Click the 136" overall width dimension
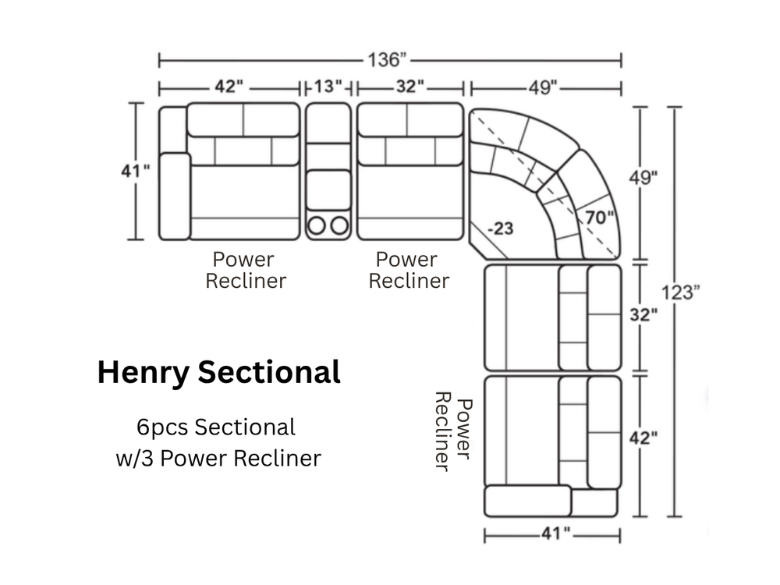tap(387, 60)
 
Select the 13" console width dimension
tap(328, 87)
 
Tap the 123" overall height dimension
tap(680, 292)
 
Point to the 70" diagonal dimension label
tap(599, 218)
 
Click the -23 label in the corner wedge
tap(501, 229)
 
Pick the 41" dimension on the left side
tap(135, 171)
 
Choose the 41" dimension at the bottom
tap(555, 534)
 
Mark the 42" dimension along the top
tap(229, 87)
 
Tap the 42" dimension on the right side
tap(643, 438)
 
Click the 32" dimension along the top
tap(410, 87)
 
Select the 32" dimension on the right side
tap(643, 315)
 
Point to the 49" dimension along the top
tap(543, 88)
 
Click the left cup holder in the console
tap(317, 225)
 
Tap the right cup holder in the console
tap(340, 225)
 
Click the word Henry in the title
tap(144, 373)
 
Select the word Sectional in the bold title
tap(269, 371)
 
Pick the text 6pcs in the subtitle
tap(161, 427)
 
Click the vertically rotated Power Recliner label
tap(453, 431)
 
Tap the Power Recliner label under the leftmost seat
tap(246, 270)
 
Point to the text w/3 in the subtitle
tap(135, 458)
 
